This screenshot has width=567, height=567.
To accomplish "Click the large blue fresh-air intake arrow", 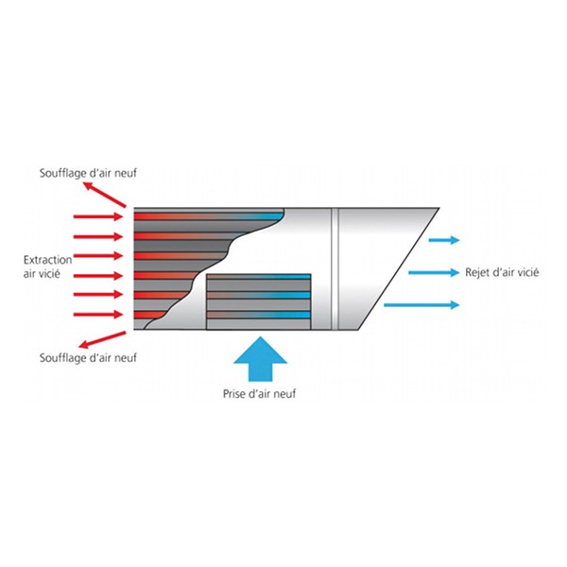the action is pyautogui.click(x=261, y=360).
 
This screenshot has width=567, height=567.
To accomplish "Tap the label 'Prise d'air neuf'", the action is pyautogui.click(x=259, y=393).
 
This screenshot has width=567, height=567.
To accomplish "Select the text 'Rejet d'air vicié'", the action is pyautogui.click(x=502, y=272).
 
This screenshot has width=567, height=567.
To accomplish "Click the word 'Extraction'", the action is pyautogui.click(x=48, y=260).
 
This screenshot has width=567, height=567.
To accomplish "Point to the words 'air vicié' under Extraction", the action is pyautogui.click(x=42, y=274).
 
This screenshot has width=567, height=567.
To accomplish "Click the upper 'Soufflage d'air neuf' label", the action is pyautogui.click(x=88, y=173).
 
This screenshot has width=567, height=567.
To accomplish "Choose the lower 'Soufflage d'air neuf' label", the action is pyautogui.click(x=88, y=357).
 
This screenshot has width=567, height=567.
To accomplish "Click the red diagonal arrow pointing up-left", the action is pyautogui.click(x=105, y=195).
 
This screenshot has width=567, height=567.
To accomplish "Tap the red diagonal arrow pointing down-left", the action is pyautogui.click(x=102, y=340).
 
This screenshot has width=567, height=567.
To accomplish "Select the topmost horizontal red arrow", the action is pyautogui.click(x=98, y=217).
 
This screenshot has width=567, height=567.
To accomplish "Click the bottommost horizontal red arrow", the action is pyautogui.click(x=98, y=315).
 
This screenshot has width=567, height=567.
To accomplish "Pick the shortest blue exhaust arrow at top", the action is pyautogui.click(x=444, y=240).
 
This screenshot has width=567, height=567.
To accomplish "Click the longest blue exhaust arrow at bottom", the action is pyautogui.click(x=421, y=305).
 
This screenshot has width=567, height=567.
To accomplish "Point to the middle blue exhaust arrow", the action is pyautogui.click(x=434, y=272).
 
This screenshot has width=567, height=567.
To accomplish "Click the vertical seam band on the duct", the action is pyautogui.click(x=335, y=268).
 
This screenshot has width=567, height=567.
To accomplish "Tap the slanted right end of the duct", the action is pyautogui.click(x=399, y=268).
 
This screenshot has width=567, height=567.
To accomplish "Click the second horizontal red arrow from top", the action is pyautogui.click(x=98, y=237).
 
